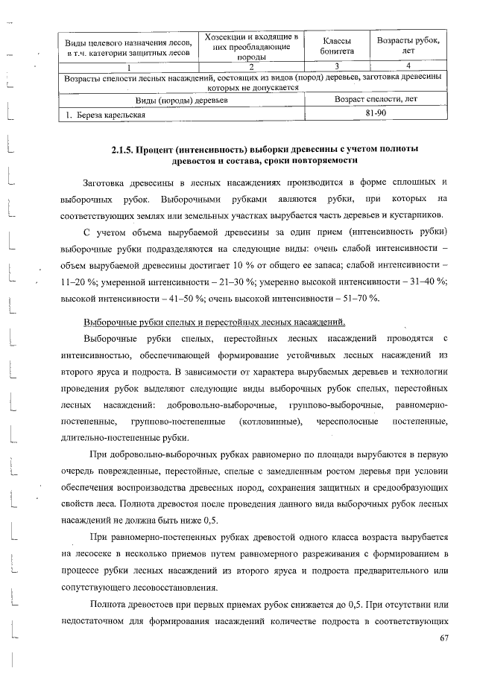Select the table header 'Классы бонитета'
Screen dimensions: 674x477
(332, 45)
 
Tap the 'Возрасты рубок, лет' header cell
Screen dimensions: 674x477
(408, 45)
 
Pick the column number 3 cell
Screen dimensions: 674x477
(332, 67)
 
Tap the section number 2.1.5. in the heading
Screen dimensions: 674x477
(122, 148)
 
